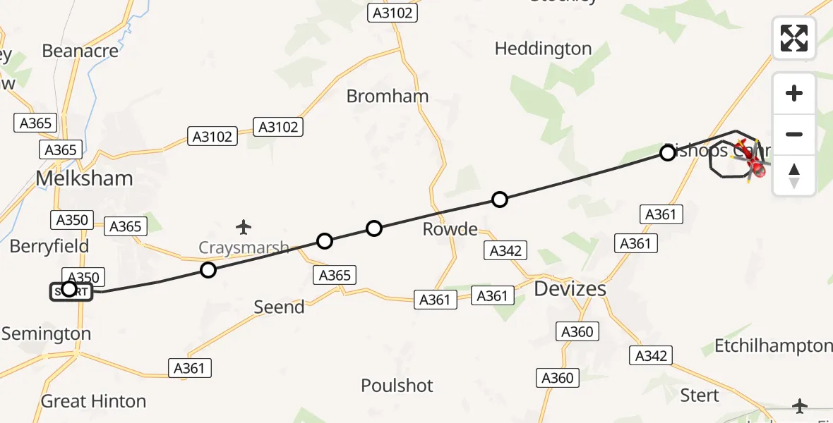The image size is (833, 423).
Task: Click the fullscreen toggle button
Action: click(794, 38)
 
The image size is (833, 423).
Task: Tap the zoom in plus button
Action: click(794, 93)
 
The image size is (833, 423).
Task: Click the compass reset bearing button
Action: click(794, 176)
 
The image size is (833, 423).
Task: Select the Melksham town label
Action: click(84, 178)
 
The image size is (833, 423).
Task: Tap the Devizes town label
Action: click(570, 288)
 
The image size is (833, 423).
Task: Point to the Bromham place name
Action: click(388, 96)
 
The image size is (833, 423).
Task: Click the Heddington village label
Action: click(543, 49)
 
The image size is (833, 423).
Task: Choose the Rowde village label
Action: click(450, 229)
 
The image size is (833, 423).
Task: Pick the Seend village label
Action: click(280, 307)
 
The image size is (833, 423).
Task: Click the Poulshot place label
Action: click(397, 386)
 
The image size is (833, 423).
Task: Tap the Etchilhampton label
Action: click(773, 345)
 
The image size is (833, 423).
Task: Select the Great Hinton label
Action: click(94, 401)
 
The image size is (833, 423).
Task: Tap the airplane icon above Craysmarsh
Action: click(244, 227)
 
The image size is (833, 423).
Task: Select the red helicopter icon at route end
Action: click(755, 166)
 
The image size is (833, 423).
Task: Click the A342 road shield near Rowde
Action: click(505, 251)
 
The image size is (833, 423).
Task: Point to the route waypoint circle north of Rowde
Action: click(500, 200)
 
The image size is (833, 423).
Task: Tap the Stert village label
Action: click(699, 395)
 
